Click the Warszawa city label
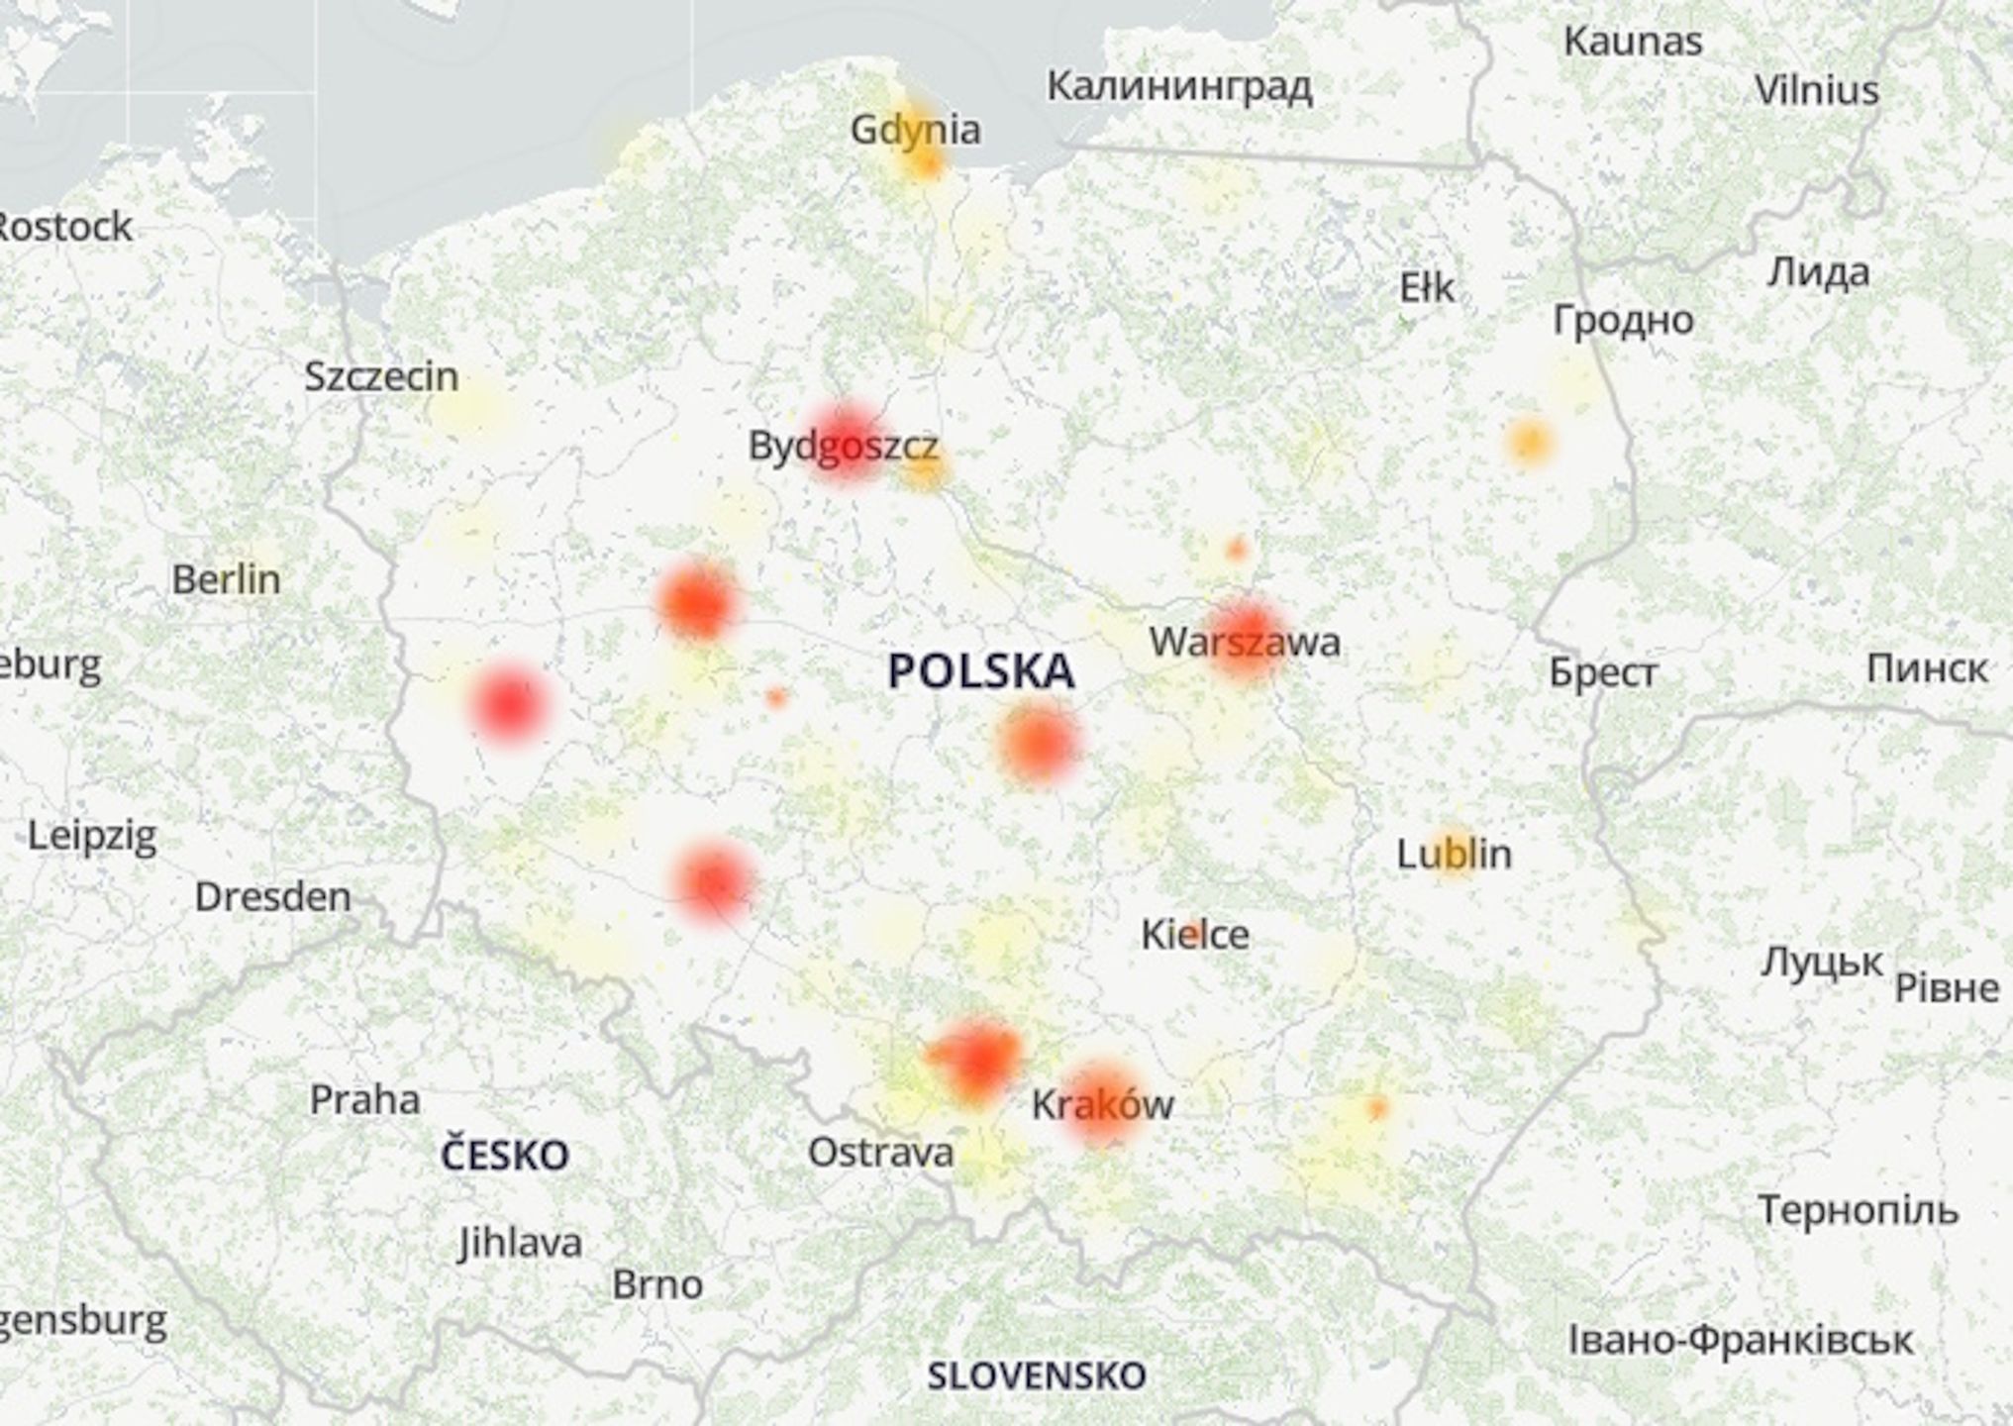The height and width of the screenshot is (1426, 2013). (1245, 643)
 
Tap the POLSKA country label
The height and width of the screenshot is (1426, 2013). (980, 671)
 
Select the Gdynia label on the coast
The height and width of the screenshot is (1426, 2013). (915, 130)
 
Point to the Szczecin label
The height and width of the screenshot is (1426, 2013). (381, 376)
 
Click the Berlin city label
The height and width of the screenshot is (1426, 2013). (226, 579)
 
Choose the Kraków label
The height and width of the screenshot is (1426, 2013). (1102, 1104)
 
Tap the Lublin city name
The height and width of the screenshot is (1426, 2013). (1454, 854)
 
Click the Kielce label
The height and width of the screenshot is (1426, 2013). (1194, 934)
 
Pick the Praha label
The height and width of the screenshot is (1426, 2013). (364, 1099)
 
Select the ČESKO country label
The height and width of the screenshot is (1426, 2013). (504, 1155)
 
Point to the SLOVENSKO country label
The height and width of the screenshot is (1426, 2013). (1036, 1375)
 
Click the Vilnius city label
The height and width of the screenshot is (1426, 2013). (1816, 91)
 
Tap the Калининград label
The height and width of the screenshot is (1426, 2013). (1179, 87)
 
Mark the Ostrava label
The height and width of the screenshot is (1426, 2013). (880, 1152)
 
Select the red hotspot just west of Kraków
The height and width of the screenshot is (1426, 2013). (978, 1058)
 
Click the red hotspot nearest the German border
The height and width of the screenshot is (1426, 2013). (509, 704)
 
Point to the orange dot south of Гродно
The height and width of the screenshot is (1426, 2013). (1529, 442)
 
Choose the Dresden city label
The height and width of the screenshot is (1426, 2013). (272, 897)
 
